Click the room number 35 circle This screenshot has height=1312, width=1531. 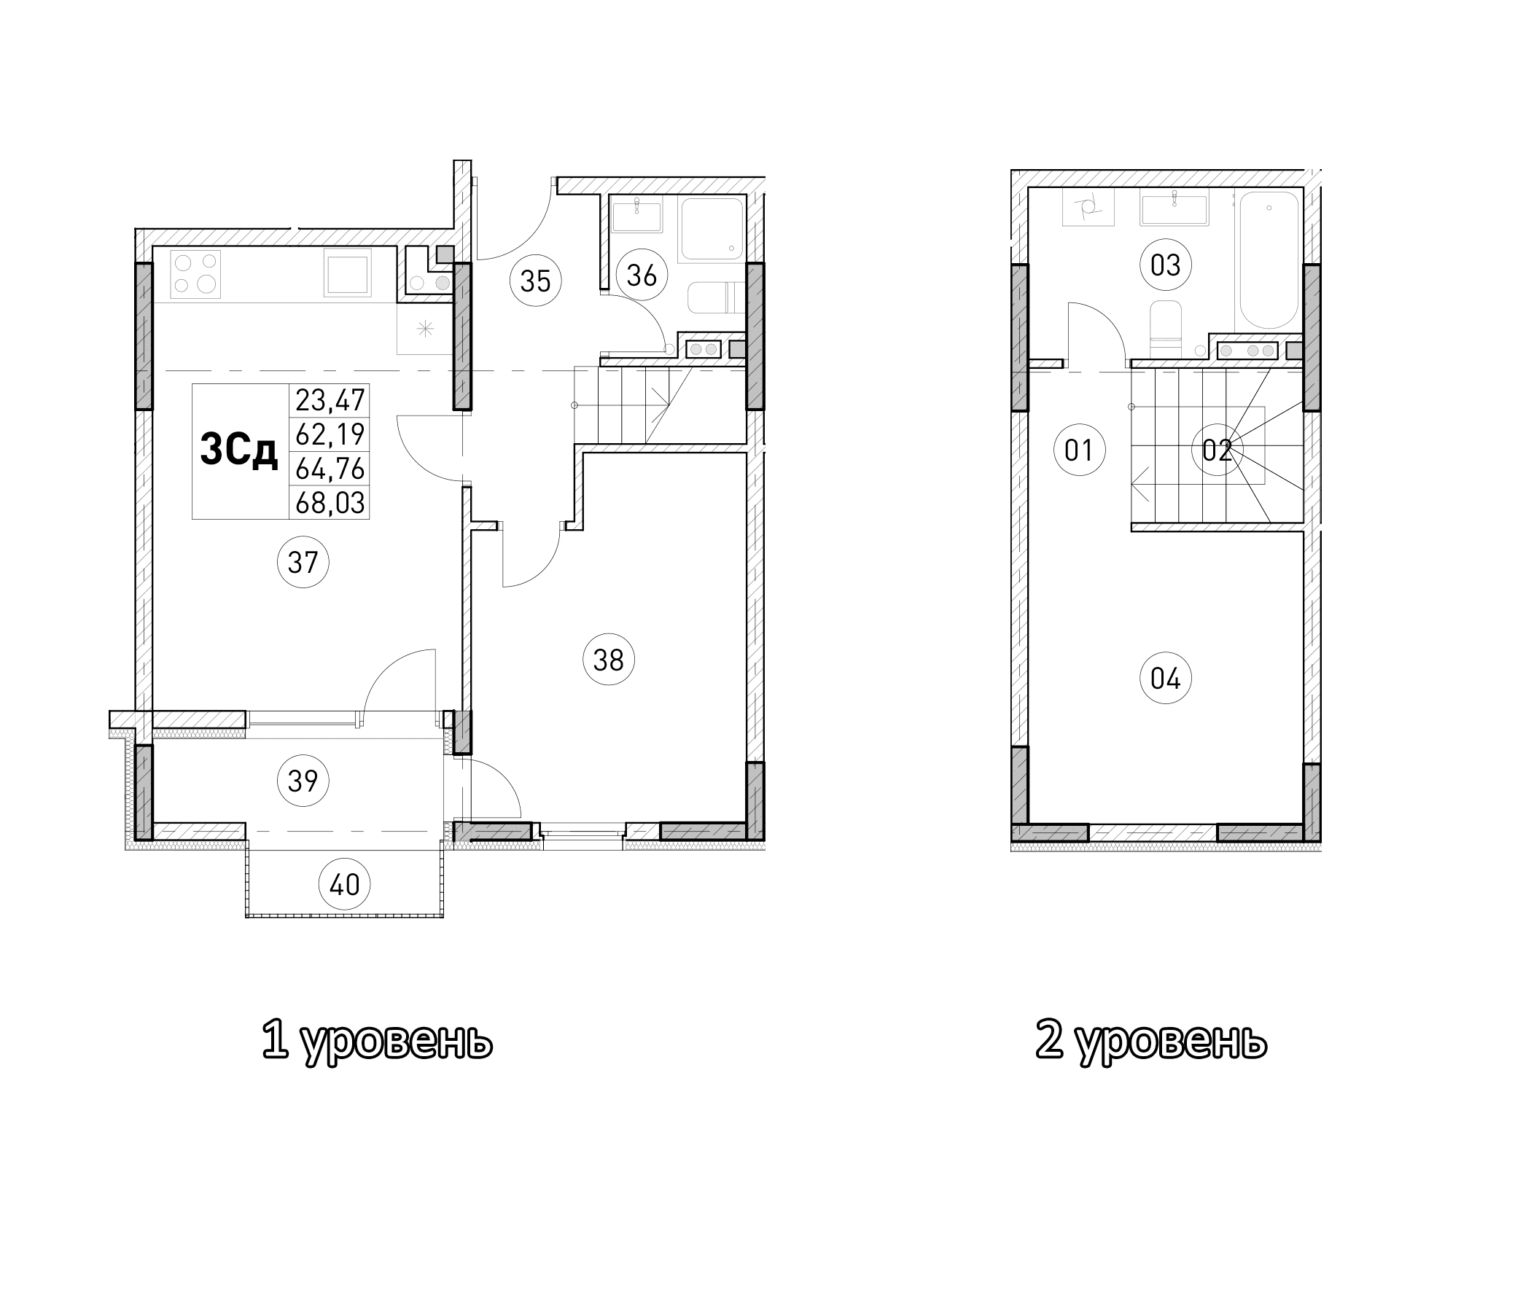pos(536,281)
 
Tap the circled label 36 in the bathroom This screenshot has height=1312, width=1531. pos(642,275)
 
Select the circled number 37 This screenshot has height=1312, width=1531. pos(303,562)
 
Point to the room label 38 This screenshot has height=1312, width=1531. pos(609,659)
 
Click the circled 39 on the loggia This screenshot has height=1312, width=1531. pos(303,780)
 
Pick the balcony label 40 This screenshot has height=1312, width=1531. pos(344,884)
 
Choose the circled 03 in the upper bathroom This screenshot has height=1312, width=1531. pos(1165,265)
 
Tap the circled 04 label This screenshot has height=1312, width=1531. pos(1165,677)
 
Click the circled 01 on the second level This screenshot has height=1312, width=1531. pos(1079,449)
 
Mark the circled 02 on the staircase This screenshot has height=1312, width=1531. pos(1217,449)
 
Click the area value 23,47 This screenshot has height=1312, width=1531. pos(330,400)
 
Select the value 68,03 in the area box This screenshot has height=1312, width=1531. pos(330,503)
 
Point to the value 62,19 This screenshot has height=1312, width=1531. pos(330,434)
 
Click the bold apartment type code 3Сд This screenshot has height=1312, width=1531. pos(238,450)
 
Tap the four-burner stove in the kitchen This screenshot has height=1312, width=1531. pos(196,273)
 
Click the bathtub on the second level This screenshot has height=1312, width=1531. pos(1269,260)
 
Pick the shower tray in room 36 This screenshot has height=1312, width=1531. pos(711,228)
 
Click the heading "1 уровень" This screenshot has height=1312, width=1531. pos(377,1042)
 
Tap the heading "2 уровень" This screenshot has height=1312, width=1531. pos(1150,1042)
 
